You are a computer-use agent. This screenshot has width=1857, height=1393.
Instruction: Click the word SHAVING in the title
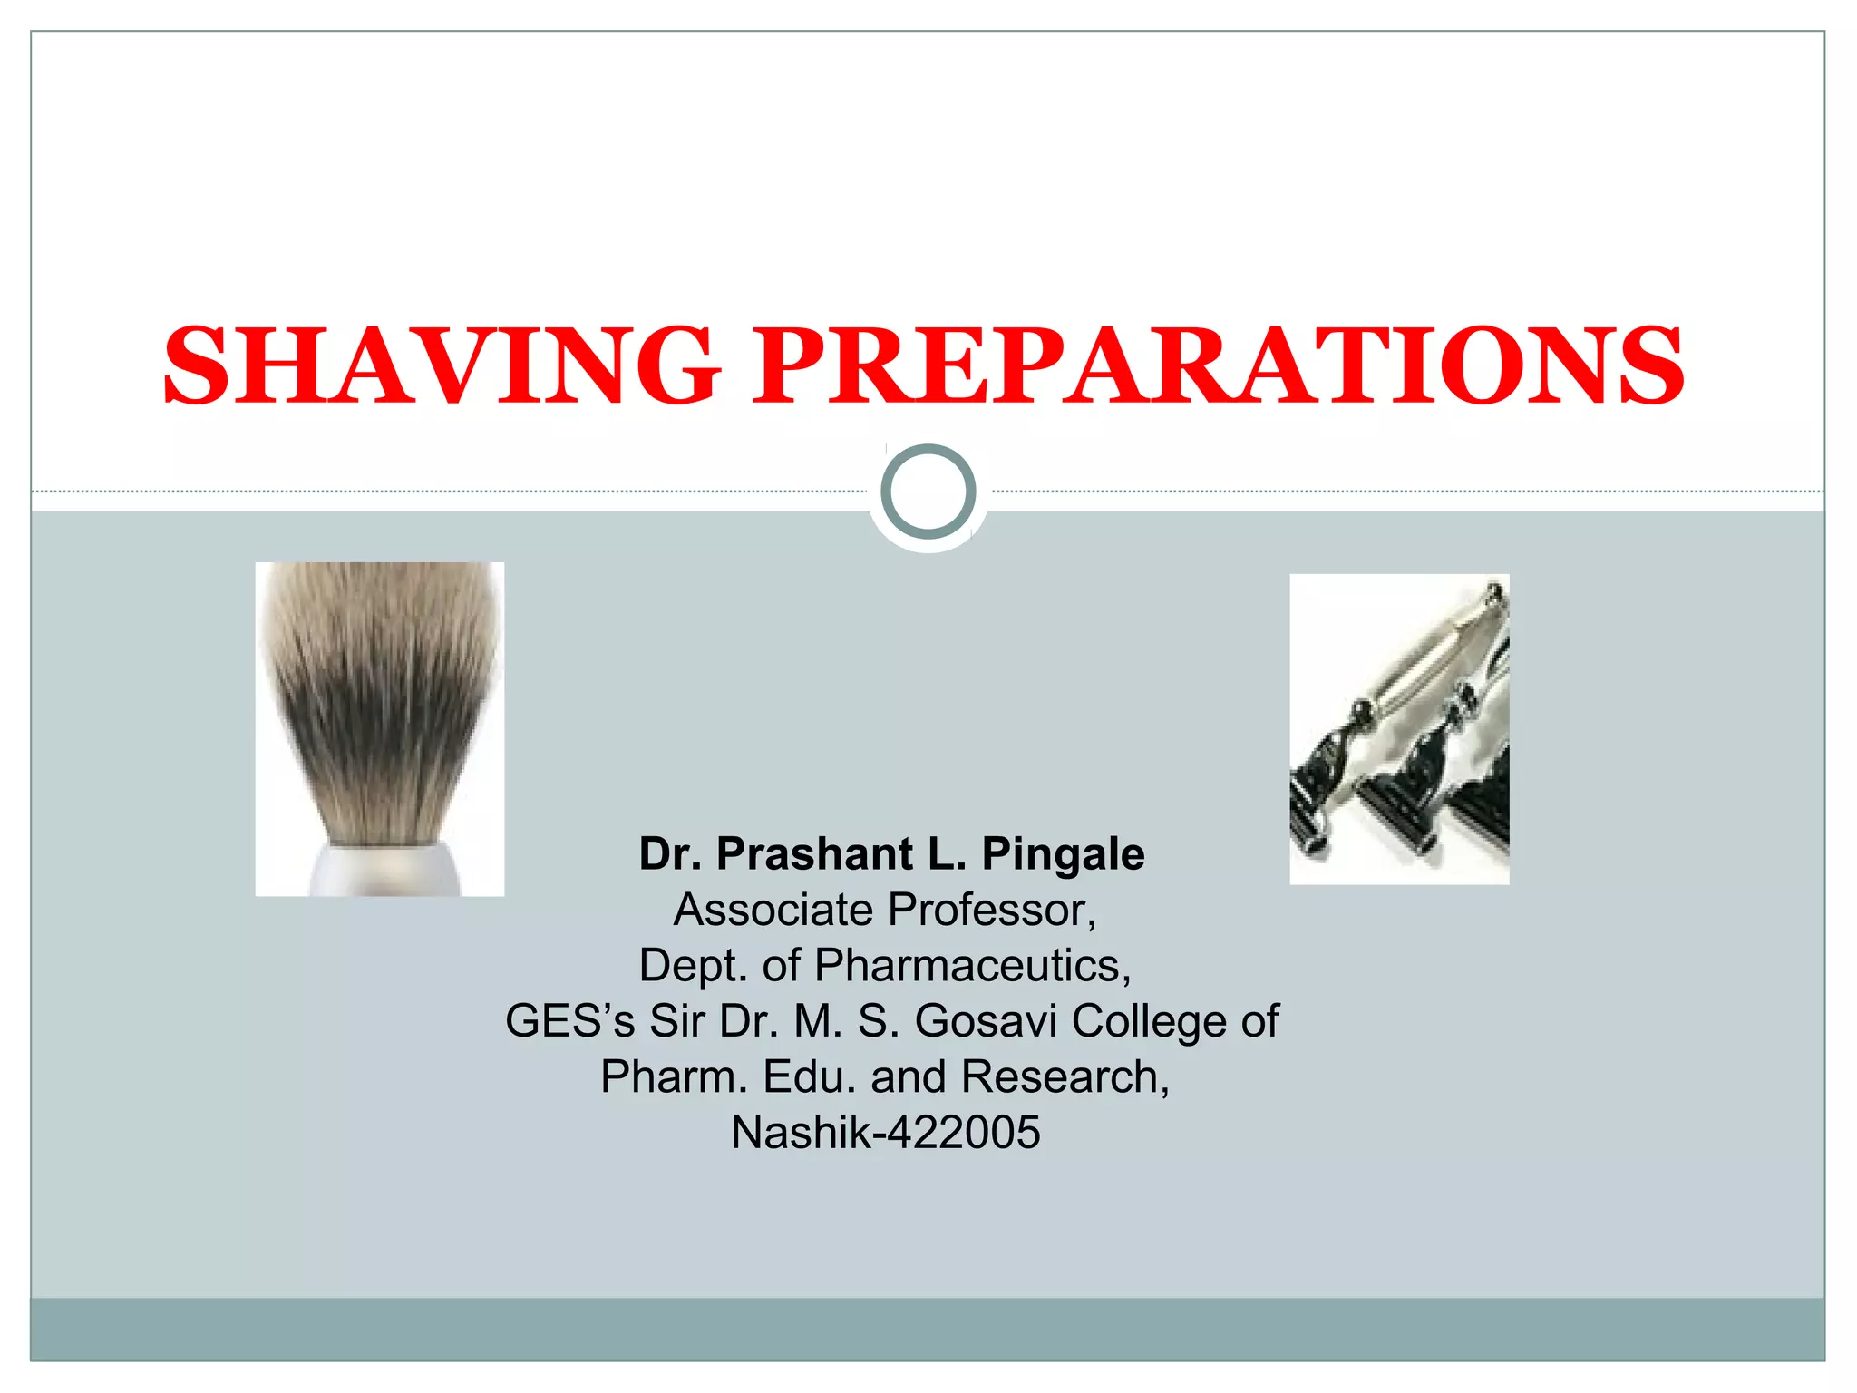(442, 365)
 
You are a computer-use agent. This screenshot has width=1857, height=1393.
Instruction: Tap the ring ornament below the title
(928, 492)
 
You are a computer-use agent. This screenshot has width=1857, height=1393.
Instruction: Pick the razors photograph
(1399, 729)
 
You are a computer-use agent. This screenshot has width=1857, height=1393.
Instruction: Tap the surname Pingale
(1063, 854)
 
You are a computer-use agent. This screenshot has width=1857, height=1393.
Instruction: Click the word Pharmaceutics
(972, 965)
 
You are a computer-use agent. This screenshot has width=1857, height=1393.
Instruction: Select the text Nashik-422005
(886, 1133)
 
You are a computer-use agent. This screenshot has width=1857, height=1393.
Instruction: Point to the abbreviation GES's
(569, 1021)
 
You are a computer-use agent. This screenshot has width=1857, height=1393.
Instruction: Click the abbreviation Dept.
(694, 965)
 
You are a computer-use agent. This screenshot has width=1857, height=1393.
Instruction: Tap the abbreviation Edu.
(810, 1077)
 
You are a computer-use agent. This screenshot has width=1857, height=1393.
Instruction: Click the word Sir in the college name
(676, 1021)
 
